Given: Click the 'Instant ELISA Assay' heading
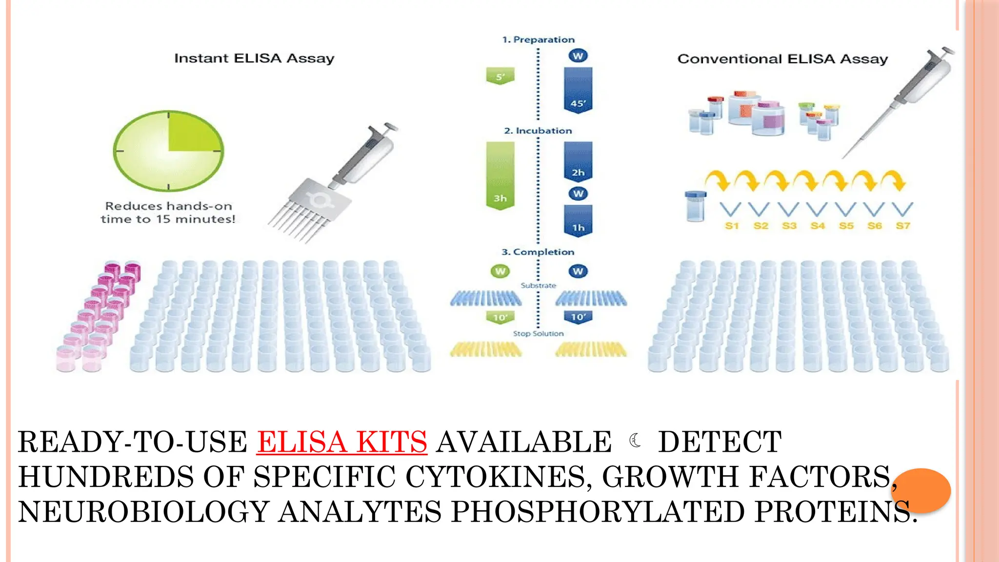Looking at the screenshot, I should coord(254,59).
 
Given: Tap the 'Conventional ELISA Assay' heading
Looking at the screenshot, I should coord(782,59).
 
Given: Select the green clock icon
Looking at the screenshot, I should coord(168,151).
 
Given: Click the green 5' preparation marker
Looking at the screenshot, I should coord(500,77).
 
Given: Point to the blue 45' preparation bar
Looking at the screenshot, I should coord(578,90).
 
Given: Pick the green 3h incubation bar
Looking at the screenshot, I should coord(500,176).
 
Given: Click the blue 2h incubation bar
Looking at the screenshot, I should coord(578,161).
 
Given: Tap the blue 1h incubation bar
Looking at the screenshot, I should coord(578,221).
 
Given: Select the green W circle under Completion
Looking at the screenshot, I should coord(500,271).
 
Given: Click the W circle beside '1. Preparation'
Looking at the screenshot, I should coord(578,56).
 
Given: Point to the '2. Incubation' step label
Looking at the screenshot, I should coord(538,131).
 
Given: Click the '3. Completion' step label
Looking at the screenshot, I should coord(538,252).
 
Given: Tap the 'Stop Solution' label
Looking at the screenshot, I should coord(538,334).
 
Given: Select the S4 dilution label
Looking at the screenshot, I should coord(818,225).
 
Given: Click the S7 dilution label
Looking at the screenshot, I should coord(903,225).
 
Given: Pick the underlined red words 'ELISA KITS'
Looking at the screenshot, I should coord(342,442).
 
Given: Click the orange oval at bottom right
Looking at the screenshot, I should coord(920,490).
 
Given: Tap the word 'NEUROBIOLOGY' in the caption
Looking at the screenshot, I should coord(144,512).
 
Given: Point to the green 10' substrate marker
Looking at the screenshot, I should coord(500,318).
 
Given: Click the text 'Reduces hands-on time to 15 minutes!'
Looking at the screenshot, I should coord(168,213).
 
